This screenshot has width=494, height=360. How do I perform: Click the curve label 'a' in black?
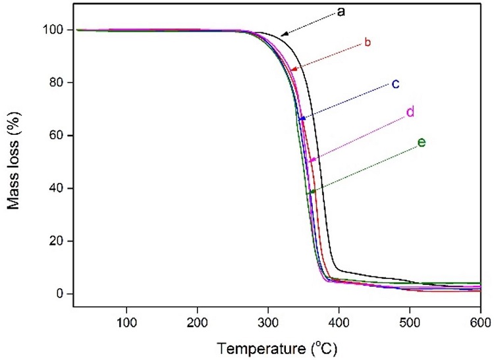coord(342,12)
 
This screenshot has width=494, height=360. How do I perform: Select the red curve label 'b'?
coord(368,43)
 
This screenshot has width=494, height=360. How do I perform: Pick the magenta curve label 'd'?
coord(409,112)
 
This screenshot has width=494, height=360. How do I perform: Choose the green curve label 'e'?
coord(422,142)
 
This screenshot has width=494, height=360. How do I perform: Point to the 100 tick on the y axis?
coord(55,30)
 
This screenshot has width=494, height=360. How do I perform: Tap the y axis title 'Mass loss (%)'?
coord(14,161)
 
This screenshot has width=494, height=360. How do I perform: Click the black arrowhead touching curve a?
coord(283,34)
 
